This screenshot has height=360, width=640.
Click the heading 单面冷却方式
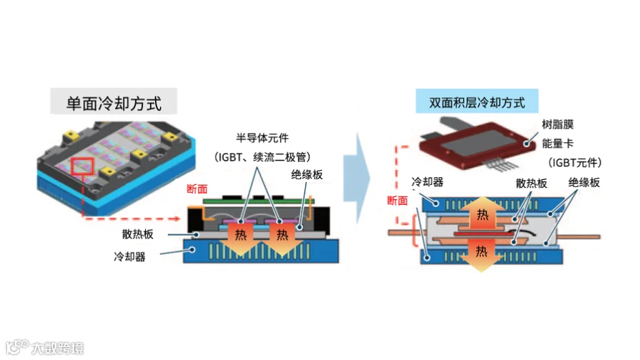(114, 103)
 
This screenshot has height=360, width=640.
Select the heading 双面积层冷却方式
(477, 102)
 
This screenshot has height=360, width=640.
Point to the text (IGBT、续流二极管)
(263, 157)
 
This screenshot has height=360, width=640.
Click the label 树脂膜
(557, 124)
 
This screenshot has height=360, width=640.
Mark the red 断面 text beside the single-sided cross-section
(197, 189)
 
